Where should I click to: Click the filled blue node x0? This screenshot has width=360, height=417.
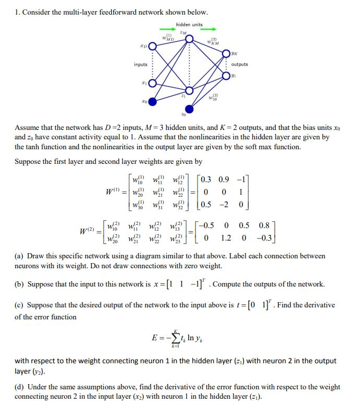152,101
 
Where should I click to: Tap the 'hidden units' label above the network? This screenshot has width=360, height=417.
189,25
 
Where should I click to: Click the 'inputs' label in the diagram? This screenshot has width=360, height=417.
141,65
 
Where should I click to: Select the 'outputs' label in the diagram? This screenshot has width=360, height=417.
239,65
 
